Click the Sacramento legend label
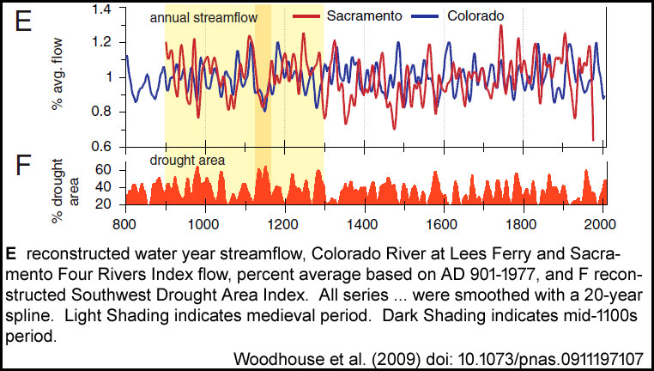364,15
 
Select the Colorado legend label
475,15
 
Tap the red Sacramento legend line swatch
306,16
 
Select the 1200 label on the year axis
285,224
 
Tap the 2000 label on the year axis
602,224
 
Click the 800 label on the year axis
125,224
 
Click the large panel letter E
23,21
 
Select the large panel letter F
23,166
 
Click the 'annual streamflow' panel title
204,17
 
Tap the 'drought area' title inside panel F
187,160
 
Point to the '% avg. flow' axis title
57,74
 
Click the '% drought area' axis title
64,191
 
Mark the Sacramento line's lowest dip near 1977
593,140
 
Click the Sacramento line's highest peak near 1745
501,26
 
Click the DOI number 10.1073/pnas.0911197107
551,358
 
